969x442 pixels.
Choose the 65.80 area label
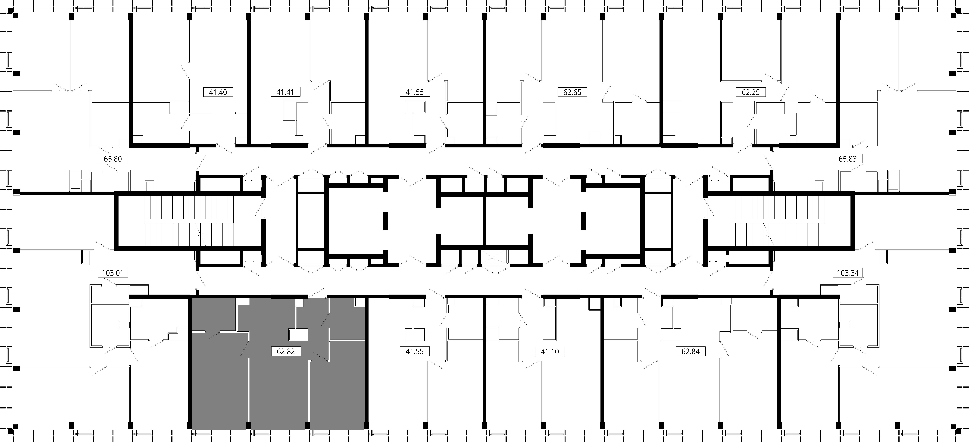[113, 159]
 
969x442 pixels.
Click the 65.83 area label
[847, 159]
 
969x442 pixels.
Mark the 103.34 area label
[847, 272]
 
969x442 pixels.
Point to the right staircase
[780, 221]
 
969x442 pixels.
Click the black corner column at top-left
[15, 15]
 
